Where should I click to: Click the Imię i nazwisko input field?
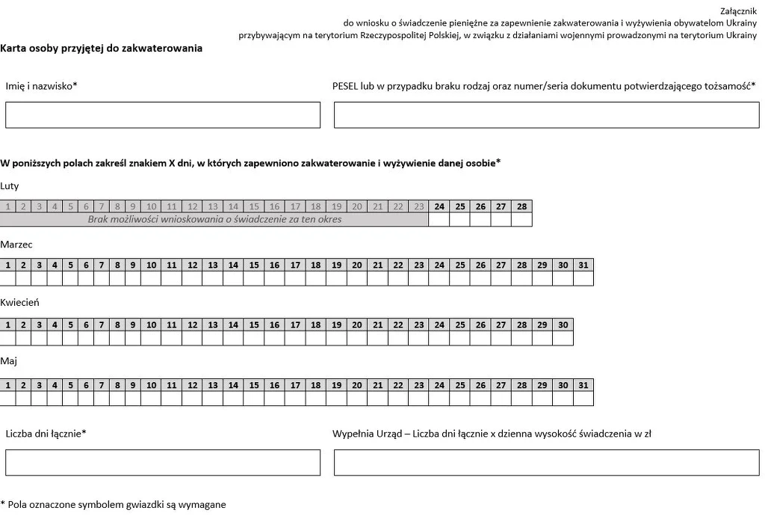tap(163, 115)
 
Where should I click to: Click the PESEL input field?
tap(546, 115)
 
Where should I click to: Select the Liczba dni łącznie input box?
tap(163, 462)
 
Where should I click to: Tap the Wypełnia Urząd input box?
tap(546, 462)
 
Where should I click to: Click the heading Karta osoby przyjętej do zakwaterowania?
tap(102, 48)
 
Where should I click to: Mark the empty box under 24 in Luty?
tap(439, 220)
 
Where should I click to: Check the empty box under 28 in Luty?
tap(521, 220)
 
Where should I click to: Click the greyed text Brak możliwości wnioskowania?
tap(214, 220)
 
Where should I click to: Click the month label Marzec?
tap(16, 245)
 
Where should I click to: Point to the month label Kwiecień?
tap(20, 303)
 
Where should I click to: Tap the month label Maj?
tap(9, 361)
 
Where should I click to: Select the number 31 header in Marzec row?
tap(583, 265)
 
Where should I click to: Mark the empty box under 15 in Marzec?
tap(254, 279)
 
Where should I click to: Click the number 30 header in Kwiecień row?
tap(563, 325)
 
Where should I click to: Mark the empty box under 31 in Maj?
tap(583, 399)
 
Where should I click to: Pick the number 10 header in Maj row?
tap(151, 385)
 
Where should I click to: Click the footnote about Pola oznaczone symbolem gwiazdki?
tap(114, 505)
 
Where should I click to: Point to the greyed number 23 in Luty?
tap(418, 206)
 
